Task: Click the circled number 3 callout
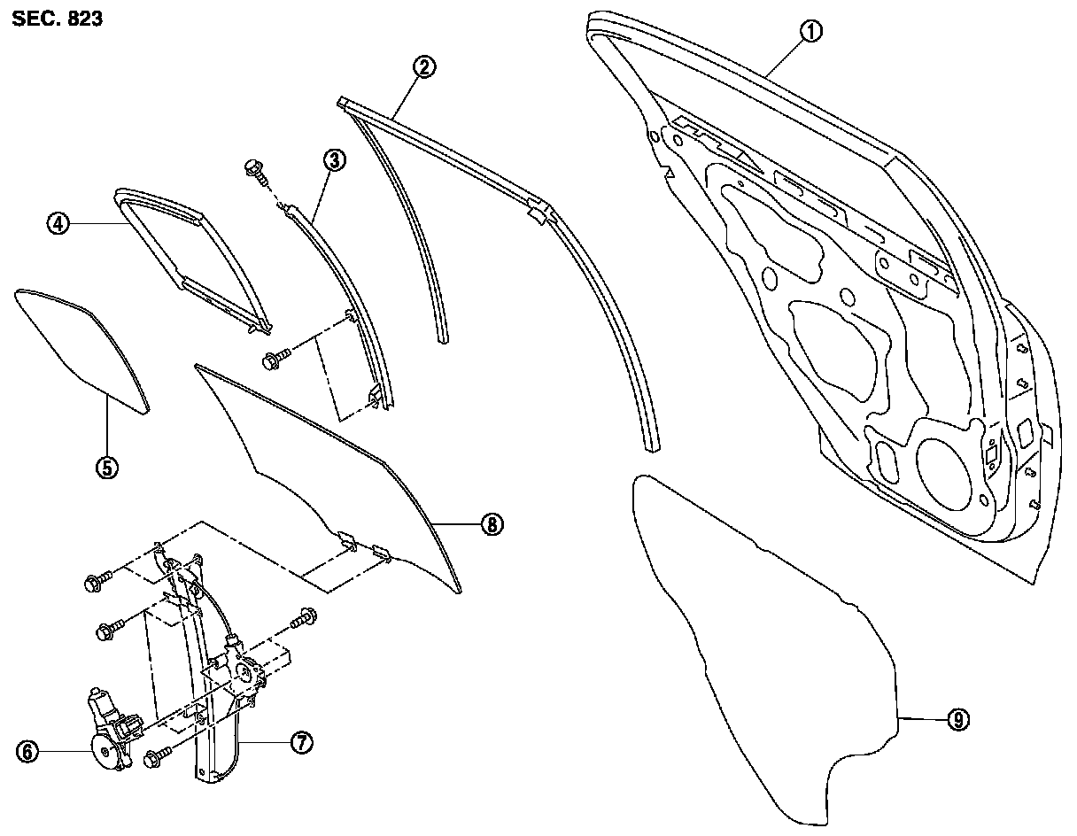(334, 160)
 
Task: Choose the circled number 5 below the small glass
(106, 467)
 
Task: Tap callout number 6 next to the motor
(27, 752)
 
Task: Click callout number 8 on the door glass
(492, 524)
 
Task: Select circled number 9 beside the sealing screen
(957, 720)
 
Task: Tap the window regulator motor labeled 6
(110, 731)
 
